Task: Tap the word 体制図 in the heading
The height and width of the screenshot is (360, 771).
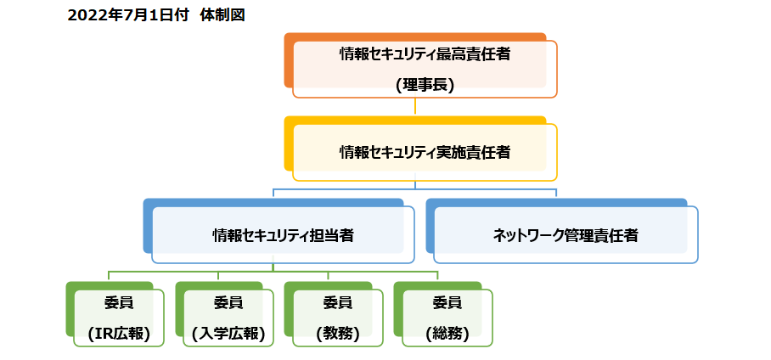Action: click(222, 15)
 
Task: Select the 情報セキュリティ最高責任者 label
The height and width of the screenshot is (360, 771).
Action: click(425, 54)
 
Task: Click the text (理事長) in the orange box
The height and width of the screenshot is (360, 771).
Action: click(425, 85)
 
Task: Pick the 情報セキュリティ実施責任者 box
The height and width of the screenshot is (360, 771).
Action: click(425, 153)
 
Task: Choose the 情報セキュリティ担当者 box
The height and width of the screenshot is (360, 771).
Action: click(284, 235)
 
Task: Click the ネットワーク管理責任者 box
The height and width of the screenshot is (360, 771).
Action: click(566, 235)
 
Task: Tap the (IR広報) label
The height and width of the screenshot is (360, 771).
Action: click(119, 334)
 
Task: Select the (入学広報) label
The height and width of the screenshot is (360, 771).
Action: click(228, 334)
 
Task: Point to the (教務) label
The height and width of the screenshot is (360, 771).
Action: click(337, 334)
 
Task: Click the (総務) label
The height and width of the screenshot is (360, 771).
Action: click(447, 334)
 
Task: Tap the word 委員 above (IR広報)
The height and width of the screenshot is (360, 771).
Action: click(119, 303)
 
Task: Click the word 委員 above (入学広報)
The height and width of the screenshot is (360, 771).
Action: click(228, 303)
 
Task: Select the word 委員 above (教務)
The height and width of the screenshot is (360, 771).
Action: click(337, 303)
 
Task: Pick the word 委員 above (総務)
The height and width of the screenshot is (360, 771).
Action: click(447, 303)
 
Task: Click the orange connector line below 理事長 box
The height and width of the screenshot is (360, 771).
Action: click(415, 106)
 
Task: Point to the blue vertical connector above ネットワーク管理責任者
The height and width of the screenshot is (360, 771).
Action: click(556, 192)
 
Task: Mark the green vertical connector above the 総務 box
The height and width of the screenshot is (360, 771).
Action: click(437, 275)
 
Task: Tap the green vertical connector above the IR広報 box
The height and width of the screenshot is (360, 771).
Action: click(109, 275)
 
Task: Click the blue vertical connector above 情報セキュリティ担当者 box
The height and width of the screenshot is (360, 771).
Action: click(273, 192)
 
